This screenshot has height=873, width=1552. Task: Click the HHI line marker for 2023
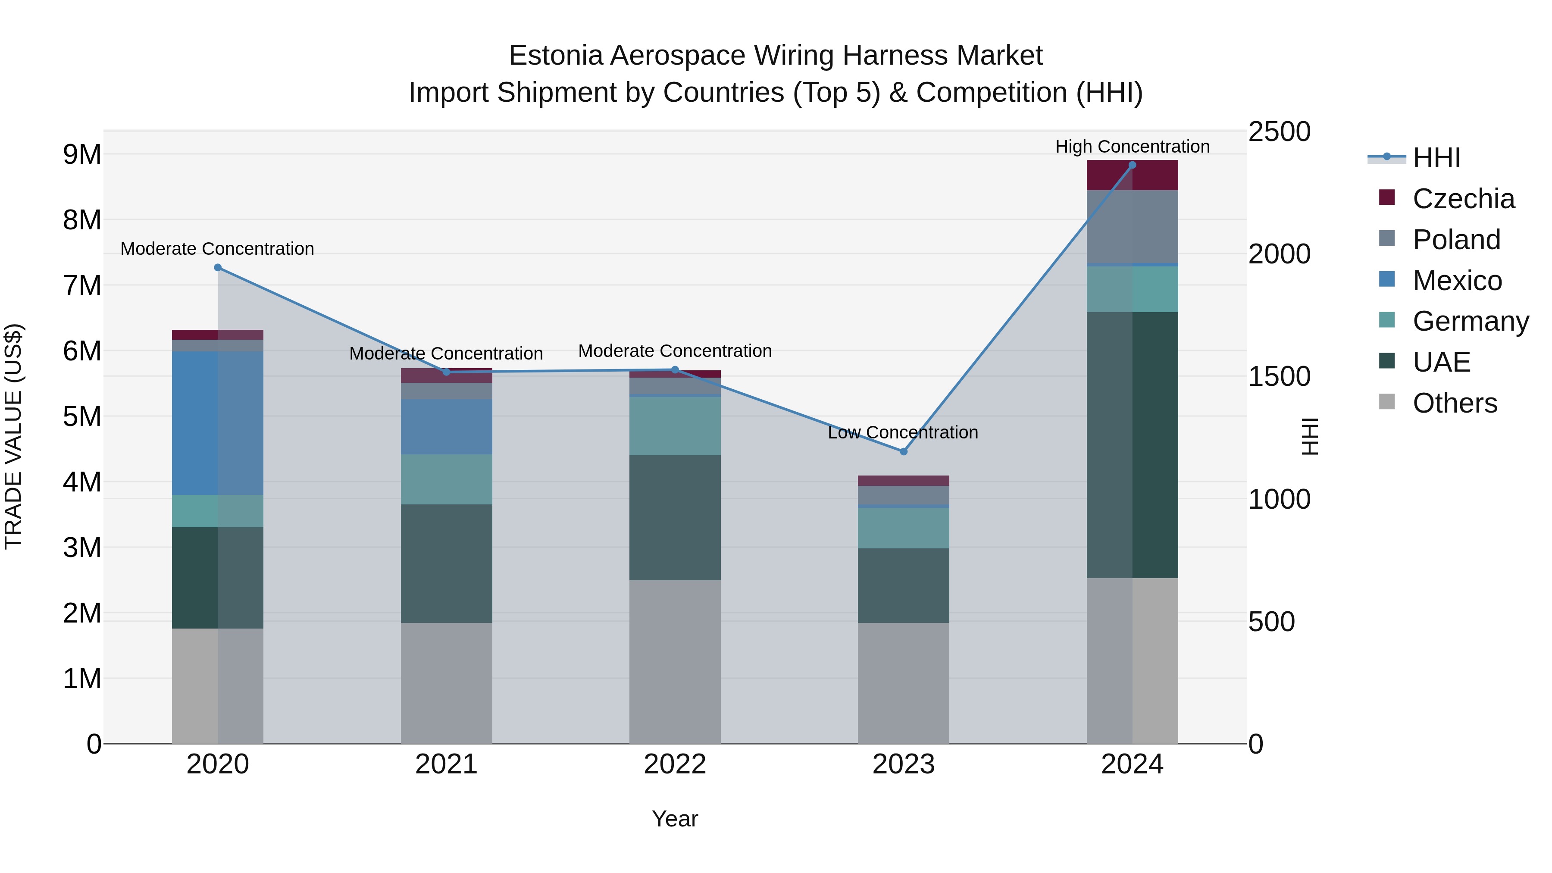(x=903, y=451)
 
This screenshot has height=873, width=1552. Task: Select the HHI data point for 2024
(x=1132, y=165)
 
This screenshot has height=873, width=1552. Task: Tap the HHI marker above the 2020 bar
(x=218, y=267)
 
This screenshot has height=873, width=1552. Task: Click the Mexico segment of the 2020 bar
(x=218, y=423)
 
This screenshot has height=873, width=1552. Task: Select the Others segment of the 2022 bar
(x=675, y=661)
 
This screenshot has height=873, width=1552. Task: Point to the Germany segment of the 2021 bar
(x=447, y=479)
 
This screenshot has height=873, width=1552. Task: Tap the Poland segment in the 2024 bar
(x=1132, y=227)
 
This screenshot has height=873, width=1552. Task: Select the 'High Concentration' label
(x=1132, y=147)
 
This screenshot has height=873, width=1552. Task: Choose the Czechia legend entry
(x=1463, y=199)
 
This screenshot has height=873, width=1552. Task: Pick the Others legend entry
(x=1455, y=403)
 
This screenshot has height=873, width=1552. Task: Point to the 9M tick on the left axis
(x=82, y=155)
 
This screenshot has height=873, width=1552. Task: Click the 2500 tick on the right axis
(x=1279, y=132)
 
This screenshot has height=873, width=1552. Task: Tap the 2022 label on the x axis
(x=675, y=764)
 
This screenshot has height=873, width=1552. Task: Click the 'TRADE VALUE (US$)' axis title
(x=13, y=436)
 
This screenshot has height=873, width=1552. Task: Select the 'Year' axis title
(x=675, y=819)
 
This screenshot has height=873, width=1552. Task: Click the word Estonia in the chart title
(x=556, y=56)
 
